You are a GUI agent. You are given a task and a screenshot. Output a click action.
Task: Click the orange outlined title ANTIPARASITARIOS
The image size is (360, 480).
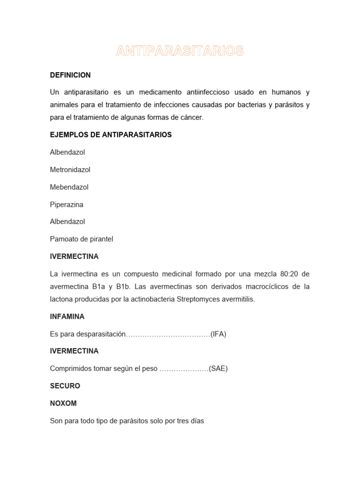coord(180,51)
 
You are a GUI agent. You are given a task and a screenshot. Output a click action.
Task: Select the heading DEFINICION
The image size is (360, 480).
coord(70,75)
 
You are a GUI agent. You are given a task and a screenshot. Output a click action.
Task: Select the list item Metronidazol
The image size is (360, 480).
coord(70,170)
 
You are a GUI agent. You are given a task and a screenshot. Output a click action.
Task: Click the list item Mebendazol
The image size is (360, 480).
coord(69,187)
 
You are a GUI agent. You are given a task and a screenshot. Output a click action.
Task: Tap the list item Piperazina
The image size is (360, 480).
coord(67,204)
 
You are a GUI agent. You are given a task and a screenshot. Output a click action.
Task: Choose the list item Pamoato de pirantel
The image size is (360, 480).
coord(82,239)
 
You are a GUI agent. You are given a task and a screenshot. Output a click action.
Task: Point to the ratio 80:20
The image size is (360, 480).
coord(286,274)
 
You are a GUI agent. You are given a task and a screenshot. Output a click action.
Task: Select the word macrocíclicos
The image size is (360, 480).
coord(262,286)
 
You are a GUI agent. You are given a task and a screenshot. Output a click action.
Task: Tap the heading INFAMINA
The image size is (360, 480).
coord(67,317)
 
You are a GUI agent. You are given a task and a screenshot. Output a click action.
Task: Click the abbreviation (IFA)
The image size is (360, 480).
coord(218,334)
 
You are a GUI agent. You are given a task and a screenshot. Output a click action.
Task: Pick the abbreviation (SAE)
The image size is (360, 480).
coord(218,368)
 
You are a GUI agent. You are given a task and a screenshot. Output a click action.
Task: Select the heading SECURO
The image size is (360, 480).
coord(65,386)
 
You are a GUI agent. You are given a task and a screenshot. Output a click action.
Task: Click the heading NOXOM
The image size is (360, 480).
coord(63,403)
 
